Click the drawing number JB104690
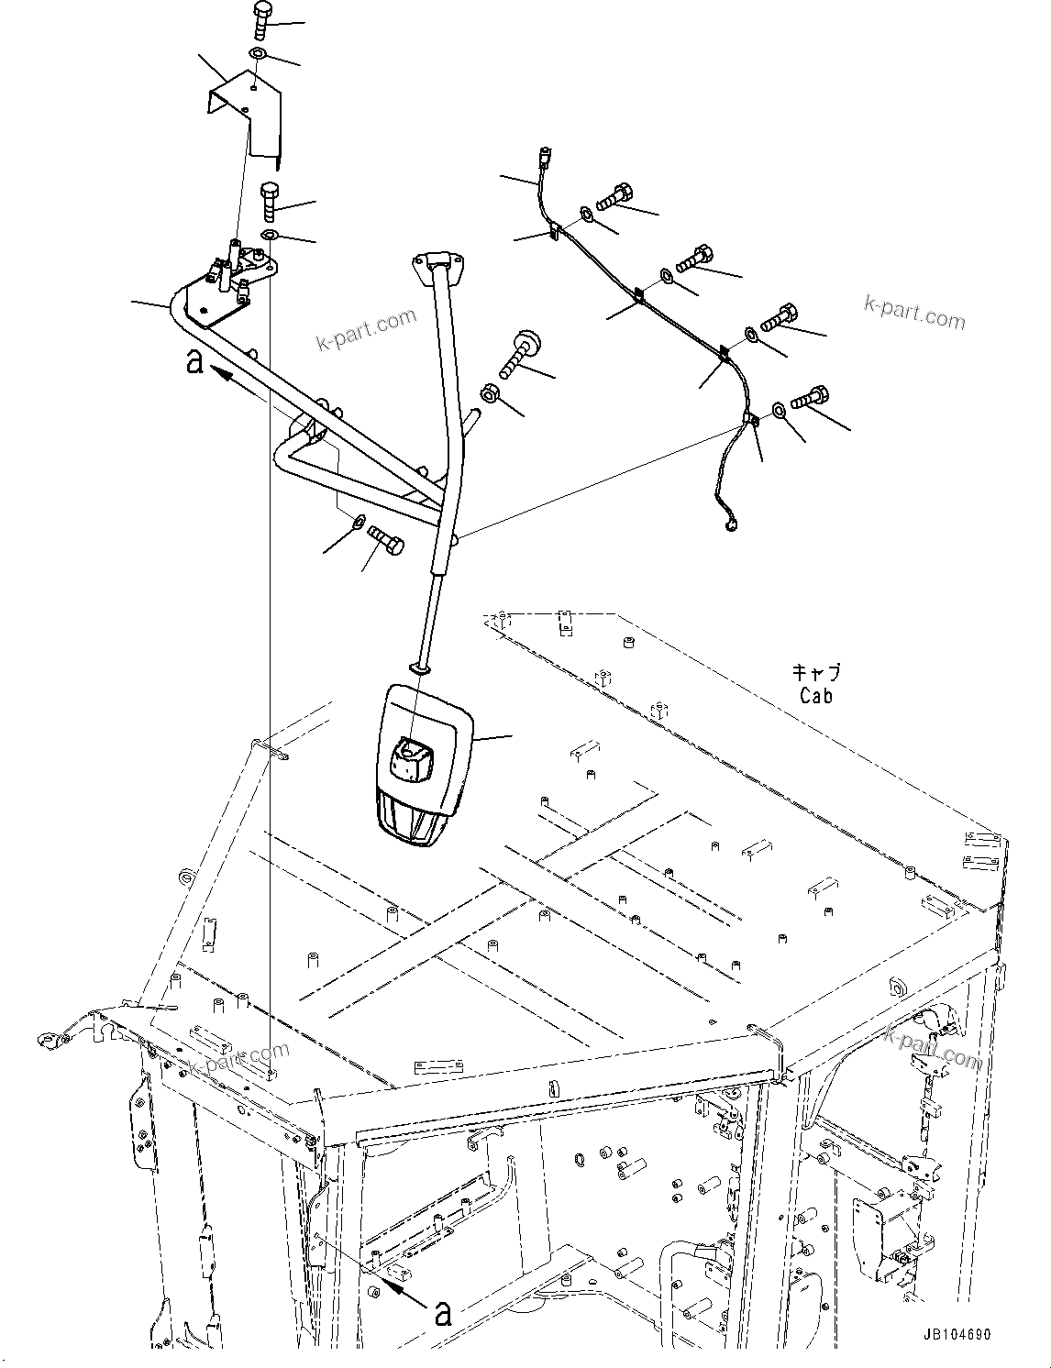click(951, 1335)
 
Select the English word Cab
click(815, 697)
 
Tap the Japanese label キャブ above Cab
click(815, 673)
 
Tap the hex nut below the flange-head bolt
click(491, 394)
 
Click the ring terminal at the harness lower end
click(731, 525)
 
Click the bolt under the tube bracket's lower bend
click(386, 540)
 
